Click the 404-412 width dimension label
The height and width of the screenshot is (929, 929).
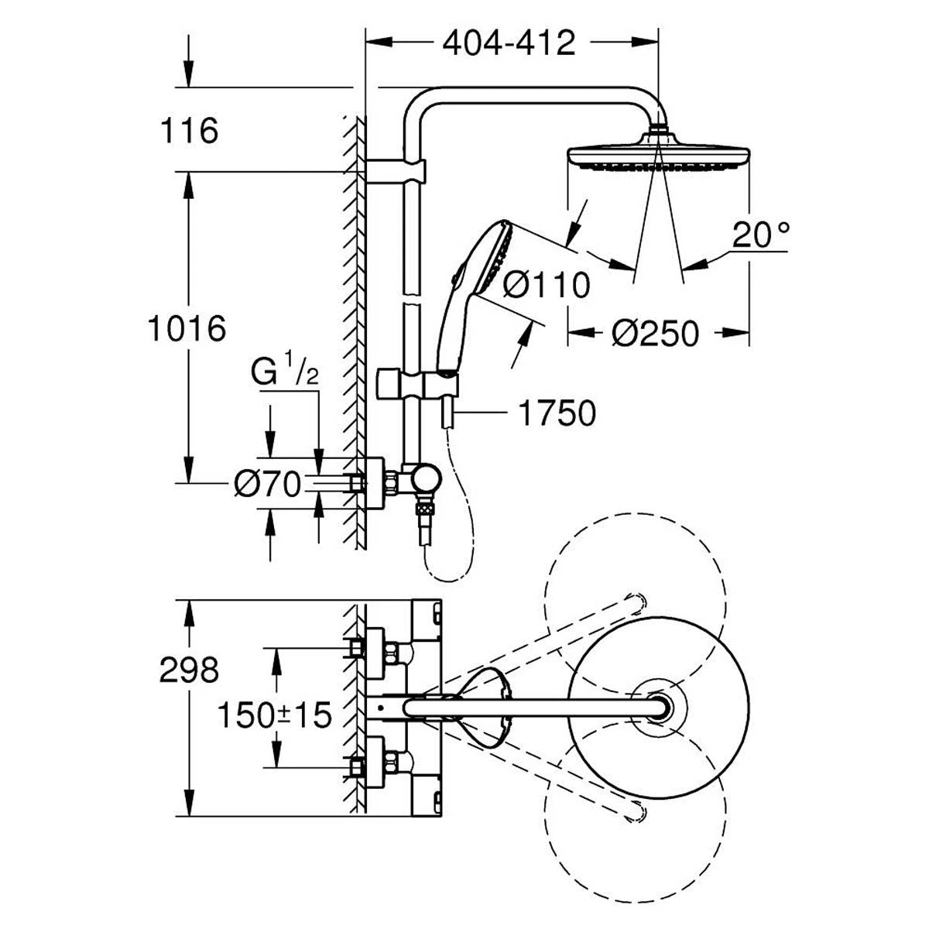(509, 43)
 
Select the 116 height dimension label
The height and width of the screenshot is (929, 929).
(190, 131)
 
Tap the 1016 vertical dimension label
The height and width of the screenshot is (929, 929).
(187, 328)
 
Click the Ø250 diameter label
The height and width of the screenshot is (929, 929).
(655, 334)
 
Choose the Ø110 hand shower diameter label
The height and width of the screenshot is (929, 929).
(547, 286)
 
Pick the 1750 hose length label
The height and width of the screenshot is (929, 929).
(557, 413)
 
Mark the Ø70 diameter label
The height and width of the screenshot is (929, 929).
(267, 485)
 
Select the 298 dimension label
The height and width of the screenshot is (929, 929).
(190, 670)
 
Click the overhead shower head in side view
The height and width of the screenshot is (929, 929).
(658, 153)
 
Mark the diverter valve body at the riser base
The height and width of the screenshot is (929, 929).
(423, 481)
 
